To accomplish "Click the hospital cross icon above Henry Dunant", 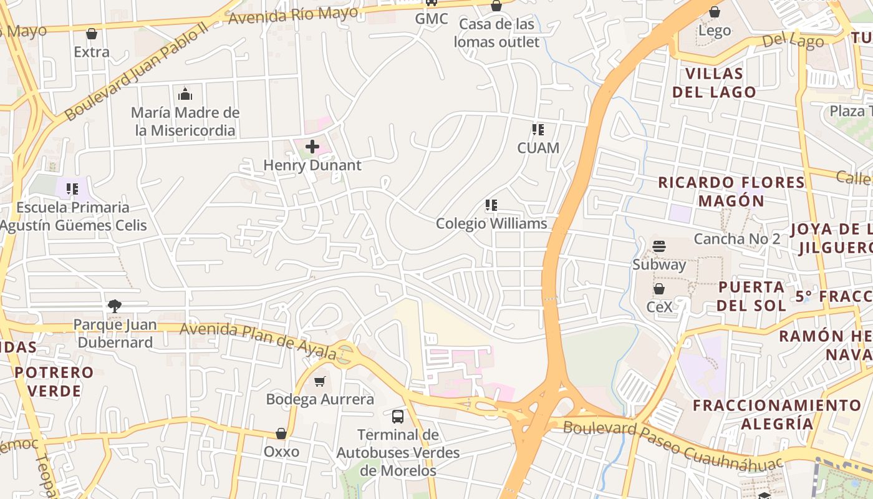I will pyautogui.click(x=312, y=147).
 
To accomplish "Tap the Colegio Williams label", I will pyautogui.click(x=491, y=223).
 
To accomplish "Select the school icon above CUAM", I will pyautogui.click(x=538, y=130).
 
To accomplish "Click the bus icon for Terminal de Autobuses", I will pyautogui.click(x=397, y=416).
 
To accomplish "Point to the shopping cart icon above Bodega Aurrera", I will pyautogui.click(x=320, y=381).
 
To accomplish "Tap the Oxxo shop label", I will pyautogui.click(x=281, y=451).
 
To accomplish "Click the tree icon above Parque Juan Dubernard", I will pyautogui.click(x=114, y=306).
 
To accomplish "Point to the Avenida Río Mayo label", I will pyautogui.click(x=293, y=15).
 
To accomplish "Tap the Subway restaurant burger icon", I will pyautogui.click(x=659, y=246).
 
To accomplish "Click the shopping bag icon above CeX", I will pyautogui.click(x=659, y=289).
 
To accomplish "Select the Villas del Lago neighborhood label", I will pyautogui.click(x=721, y=83).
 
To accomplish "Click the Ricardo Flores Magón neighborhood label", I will pyautogui.click(x=731, y=191).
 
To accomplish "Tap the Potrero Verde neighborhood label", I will pyautogui.click(x=54, y=382).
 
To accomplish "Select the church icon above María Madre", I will pyautogui.click(x=185, y=94).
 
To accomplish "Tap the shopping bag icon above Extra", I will pyautogui.click(x=92, y=34).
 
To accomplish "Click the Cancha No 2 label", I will pyautogui.click(x=737, y=239).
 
